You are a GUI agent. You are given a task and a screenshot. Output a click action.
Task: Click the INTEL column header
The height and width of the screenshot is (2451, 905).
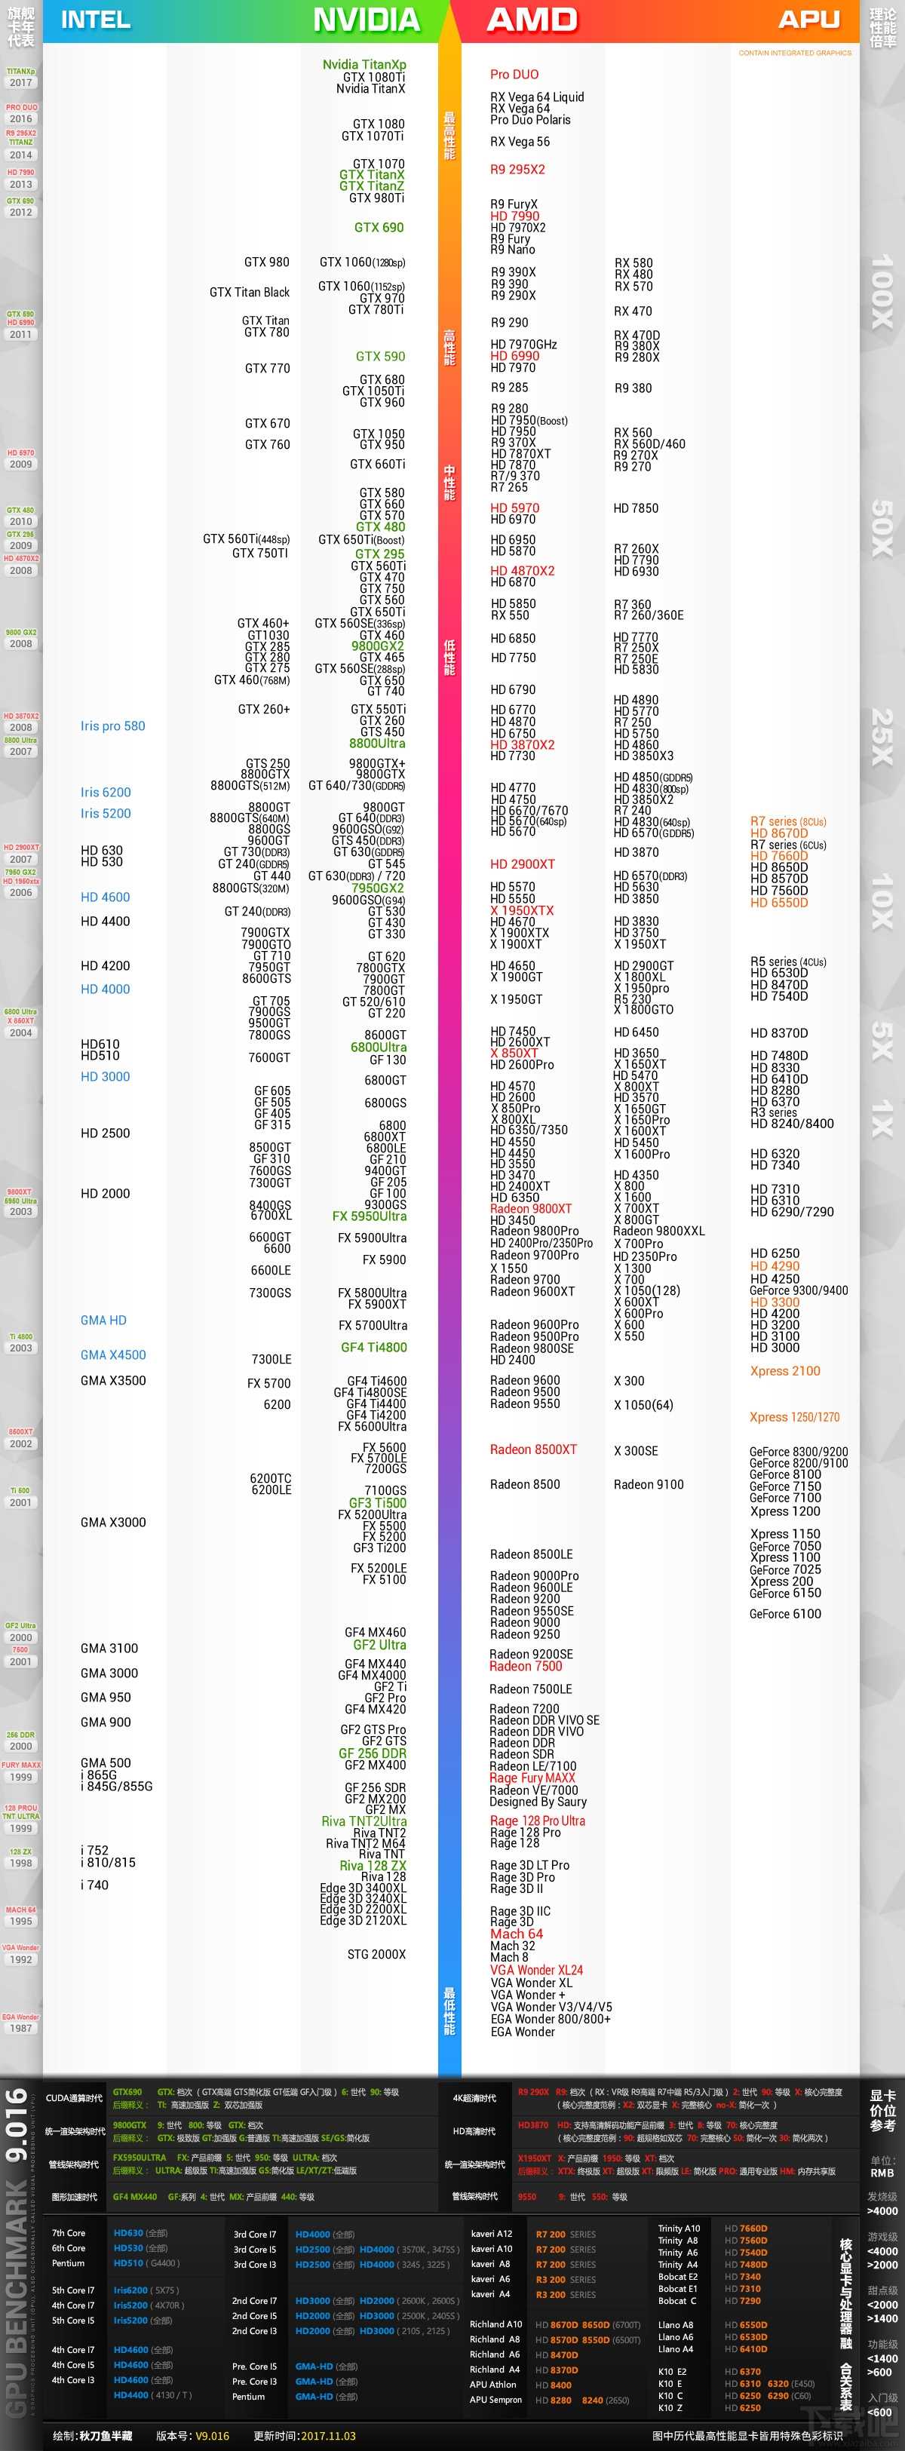pos(95,20)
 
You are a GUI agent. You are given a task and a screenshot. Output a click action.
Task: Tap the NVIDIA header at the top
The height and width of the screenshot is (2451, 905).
pos(367,20)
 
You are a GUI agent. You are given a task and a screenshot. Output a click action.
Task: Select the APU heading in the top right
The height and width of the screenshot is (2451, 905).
pos(809,20)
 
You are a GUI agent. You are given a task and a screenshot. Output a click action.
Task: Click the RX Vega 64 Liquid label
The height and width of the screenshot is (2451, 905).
pos(537,97)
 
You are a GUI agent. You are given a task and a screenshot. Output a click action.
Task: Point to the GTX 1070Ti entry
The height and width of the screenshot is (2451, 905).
pos(373,136)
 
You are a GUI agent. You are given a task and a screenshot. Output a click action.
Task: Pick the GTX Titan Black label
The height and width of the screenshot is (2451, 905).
pos(250,292)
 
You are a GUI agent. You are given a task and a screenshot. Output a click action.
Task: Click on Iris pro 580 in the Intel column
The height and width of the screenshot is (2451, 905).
pos(112,726)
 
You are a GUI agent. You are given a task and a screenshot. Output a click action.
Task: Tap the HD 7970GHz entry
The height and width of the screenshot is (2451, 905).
pos(523,345)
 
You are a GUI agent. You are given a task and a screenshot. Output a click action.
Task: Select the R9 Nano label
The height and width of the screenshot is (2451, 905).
pos(512,250)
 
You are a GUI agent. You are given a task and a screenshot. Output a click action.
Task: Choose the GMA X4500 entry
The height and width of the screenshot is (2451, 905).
pos(113,1355)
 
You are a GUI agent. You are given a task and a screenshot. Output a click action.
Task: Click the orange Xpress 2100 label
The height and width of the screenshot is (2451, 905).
pos(784,1371)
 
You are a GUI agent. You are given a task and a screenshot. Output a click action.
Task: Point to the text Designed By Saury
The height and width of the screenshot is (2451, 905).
pos(538,1802)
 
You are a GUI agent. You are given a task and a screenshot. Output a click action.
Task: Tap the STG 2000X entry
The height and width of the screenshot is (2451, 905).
pos(376,1954)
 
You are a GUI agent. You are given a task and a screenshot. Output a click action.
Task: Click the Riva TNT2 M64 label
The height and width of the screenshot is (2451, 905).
pos(366,1843)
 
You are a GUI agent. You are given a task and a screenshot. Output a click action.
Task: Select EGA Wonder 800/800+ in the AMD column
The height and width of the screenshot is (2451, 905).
pos(550,2019)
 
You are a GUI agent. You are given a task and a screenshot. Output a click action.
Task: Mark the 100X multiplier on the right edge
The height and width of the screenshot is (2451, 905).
pos(882,290)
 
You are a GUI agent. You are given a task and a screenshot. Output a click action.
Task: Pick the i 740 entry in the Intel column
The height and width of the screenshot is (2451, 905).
pos(94,1885)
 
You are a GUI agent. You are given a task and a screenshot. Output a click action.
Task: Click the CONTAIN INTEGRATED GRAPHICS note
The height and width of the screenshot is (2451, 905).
pos(795,54)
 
